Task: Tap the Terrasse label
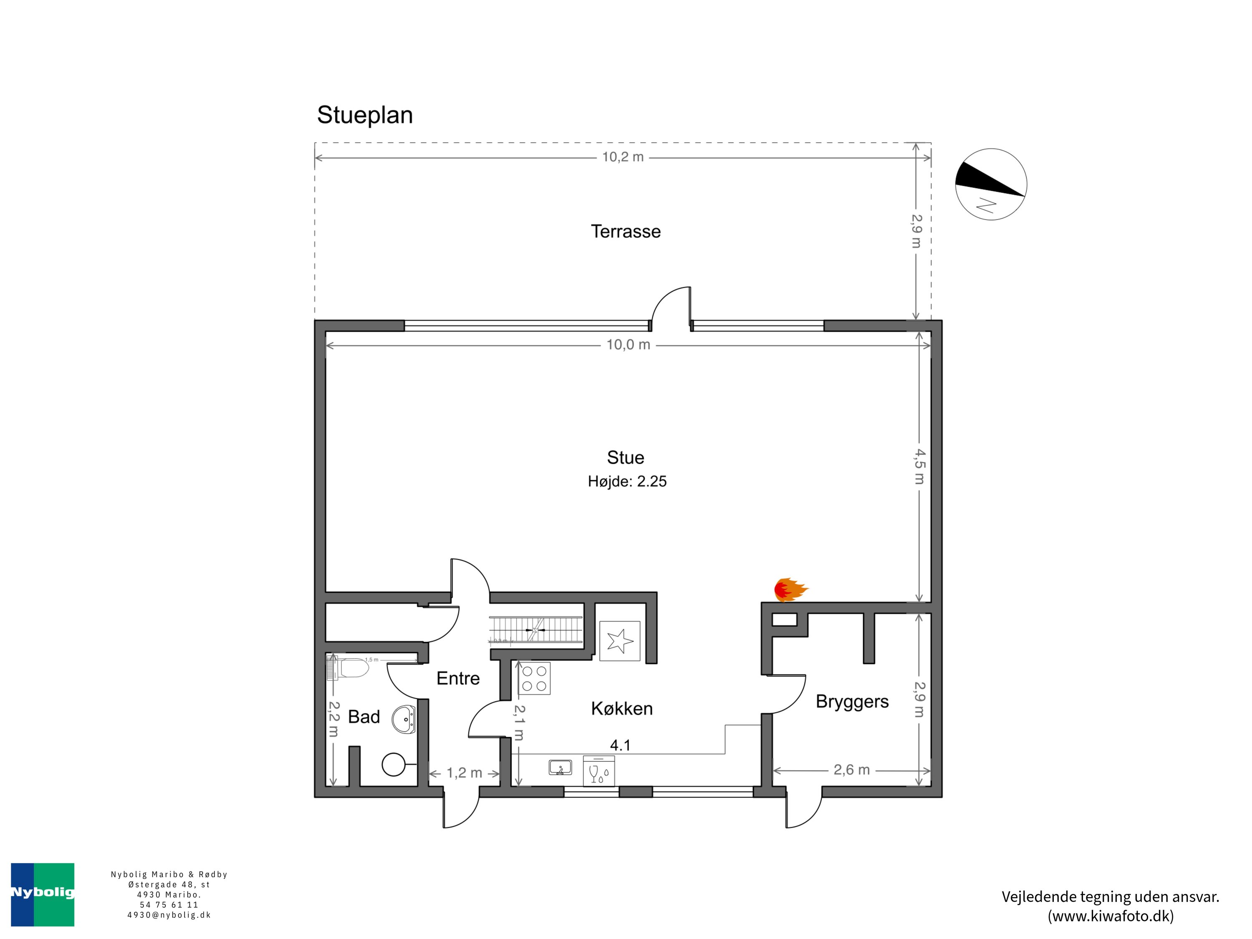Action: (626, 232)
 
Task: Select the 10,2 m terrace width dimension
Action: (623, 157)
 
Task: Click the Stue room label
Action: (626, 457)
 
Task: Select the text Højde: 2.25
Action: (627, 482)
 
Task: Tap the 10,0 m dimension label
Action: (628, 345)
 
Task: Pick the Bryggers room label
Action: (852, 702)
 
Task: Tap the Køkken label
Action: (621, 709)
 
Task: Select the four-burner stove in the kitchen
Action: (534, 679)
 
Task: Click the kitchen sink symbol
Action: (560, 768)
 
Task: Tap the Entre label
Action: (458, 678)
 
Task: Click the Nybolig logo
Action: (43, 894)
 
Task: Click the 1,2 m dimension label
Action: (464, 773)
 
